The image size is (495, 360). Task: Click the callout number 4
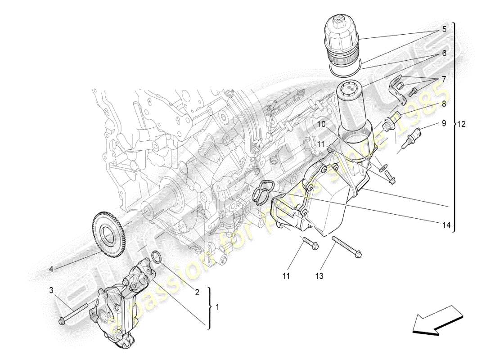tap(51, 269)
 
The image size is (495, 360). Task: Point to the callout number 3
tap(51, 289)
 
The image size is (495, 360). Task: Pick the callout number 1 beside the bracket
tap(217, 307)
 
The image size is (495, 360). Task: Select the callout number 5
tap(444, 30)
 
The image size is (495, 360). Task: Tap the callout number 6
tap(444, 53)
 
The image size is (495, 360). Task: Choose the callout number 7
tap(444, 79)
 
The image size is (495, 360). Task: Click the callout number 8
tap(444, 103)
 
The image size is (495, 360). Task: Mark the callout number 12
tap(462, 124)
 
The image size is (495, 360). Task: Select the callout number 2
tap(197, 292)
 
